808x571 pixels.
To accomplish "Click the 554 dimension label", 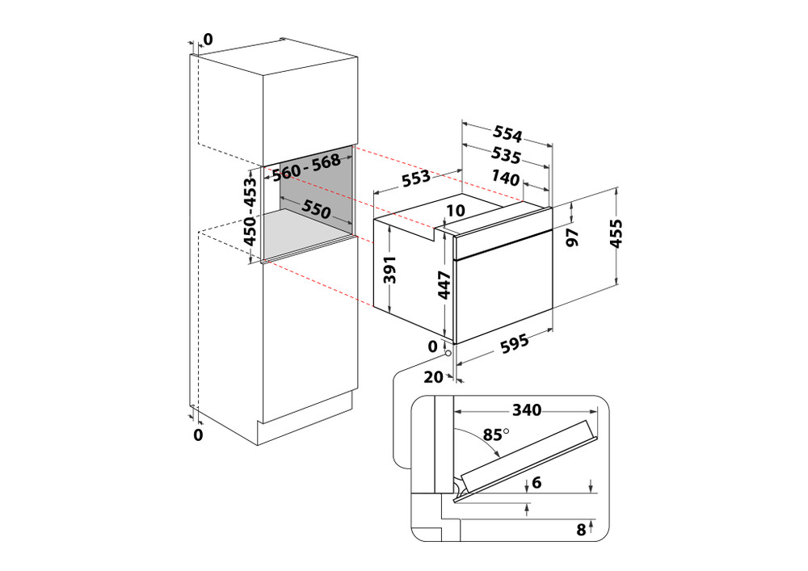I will tap(507, 135).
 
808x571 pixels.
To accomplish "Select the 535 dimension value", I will tap(504, 154).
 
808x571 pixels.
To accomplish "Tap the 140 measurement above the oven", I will tap(506, 178).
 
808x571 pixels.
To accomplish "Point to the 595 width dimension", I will tap(512, 344).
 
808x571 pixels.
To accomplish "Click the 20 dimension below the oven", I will tap(435, 376).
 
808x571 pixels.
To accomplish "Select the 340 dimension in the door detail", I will tap(527, 410).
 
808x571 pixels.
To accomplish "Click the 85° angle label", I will tap(494, 435).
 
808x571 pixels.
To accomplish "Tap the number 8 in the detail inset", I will tap(580, 530).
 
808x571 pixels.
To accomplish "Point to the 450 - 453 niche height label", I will tap(250, 212).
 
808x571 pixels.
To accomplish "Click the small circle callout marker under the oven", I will tap(447, 351).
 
